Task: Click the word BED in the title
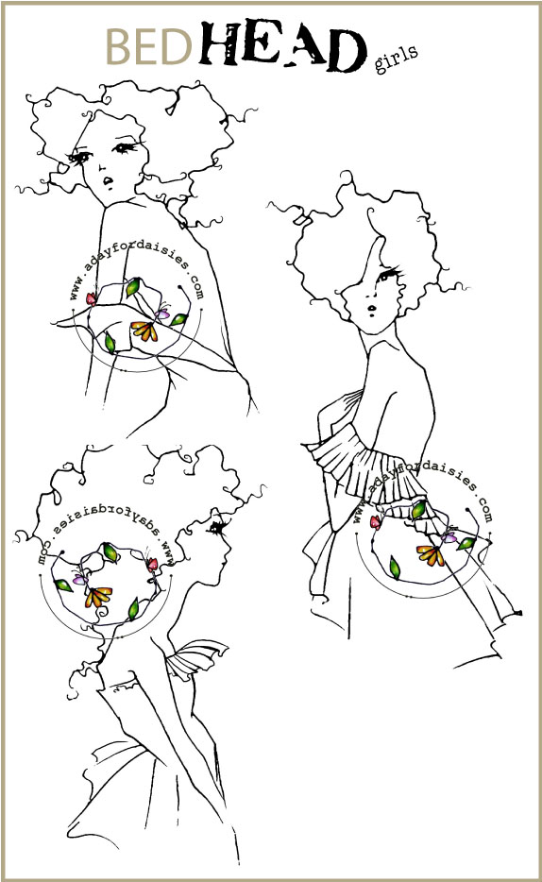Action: pos(149,46)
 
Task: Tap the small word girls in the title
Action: pos(396,59)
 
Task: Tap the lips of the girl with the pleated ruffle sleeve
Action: pos(372,308)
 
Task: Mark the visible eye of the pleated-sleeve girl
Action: pos(388,276)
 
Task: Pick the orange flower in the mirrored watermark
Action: pos(98,596)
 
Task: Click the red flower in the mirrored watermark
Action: pos(152,564)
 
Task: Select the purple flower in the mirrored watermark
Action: pos(78,579)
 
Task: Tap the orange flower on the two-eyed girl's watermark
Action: pos(144,331)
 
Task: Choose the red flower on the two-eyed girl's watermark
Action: pos(91,298)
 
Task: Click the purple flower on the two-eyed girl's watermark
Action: pos(163,314)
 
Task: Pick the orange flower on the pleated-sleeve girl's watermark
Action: pos(431,555)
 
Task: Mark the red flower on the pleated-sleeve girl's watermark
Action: pos(375,522)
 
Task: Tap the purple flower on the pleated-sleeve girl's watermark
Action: pos(449,537)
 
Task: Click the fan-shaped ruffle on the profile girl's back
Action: pos(194,658)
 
